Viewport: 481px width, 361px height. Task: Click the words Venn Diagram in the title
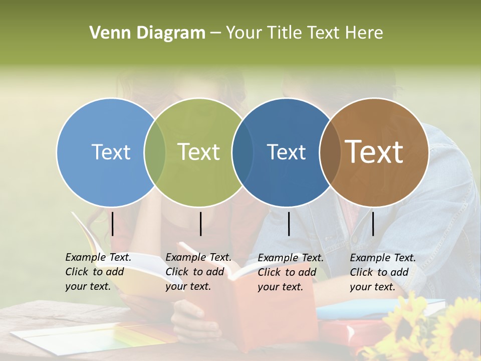point(147,33)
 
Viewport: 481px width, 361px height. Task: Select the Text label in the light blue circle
point(111,152)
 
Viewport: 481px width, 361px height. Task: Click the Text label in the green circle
point(199,152)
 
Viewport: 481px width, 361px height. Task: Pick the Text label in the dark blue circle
point(286,152)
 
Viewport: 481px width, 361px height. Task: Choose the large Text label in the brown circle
point(374,152)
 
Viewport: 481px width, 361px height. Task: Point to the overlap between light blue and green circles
point(155,152)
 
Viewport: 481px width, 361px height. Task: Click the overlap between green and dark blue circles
point(243,152)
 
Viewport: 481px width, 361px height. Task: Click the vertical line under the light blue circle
point(113,224)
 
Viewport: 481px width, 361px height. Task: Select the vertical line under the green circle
point(200,224)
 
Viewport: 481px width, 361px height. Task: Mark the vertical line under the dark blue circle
point(289,224)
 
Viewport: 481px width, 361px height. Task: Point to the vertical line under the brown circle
point(373,224)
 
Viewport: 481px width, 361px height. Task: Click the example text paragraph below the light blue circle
point(98,272)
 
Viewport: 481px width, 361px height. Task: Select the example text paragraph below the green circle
point(198,272)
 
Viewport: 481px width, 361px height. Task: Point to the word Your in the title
point(244,33)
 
